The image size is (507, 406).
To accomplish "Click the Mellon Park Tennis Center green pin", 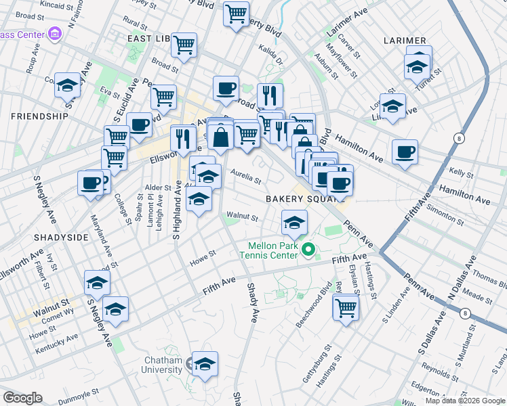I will coord(309,250).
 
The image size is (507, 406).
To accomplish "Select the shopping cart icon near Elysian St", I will coord(346,308).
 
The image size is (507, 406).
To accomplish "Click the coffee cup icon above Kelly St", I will coord(405,152).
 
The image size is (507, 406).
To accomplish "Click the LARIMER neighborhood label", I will coord(404,41).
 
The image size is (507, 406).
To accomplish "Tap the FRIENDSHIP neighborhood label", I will coord(39,116).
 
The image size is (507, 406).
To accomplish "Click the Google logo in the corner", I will coord(22,398).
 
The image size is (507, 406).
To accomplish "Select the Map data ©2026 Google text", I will coord(465,401).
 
